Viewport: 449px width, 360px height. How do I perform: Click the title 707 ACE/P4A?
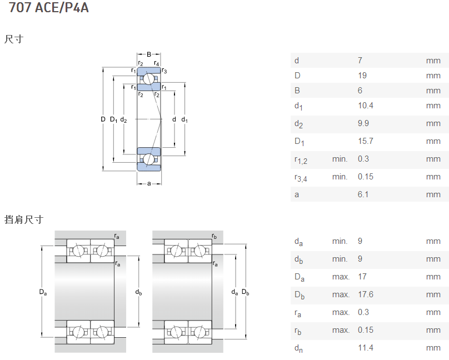coord(49,8)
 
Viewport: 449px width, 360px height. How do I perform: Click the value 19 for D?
coord(362,76)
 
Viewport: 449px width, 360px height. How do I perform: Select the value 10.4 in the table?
coord(365,106)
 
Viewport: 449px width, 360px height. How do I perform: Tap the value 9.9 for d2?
coord(363,123)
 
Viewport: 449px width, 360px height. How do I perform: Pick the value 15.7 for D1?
coord(365,141)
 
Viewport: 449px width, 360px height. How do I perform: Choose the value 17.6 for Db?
coord(365,294)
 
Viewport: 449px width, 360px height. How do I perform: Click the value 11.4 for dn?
coord(365,348)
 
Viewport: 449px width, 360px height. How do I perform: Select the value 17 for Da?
coord(362,277)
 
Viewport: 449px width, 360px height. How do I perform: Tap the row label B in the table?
coord(297,91)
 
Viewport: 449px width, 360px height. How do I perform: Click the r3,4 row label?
coord(301,177)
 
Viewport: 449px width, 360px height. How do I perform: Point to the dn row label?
coord(298,348)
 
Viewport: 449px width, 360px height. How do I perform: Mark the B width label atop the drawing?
coord(149,54)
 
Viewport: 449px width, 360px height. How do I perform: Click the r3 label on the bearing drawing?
coord(164,71)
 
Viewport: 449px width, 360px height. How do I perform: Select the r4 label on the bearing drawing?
coord(157,64)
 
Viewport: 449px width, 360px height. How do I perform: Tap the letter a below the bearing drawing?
coord(149,183)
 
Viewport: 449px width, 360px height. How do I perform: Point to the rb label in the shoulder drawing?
coord(214,237)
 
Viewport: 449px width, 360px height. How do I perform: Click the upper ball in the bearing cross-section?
coord(148,79)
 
